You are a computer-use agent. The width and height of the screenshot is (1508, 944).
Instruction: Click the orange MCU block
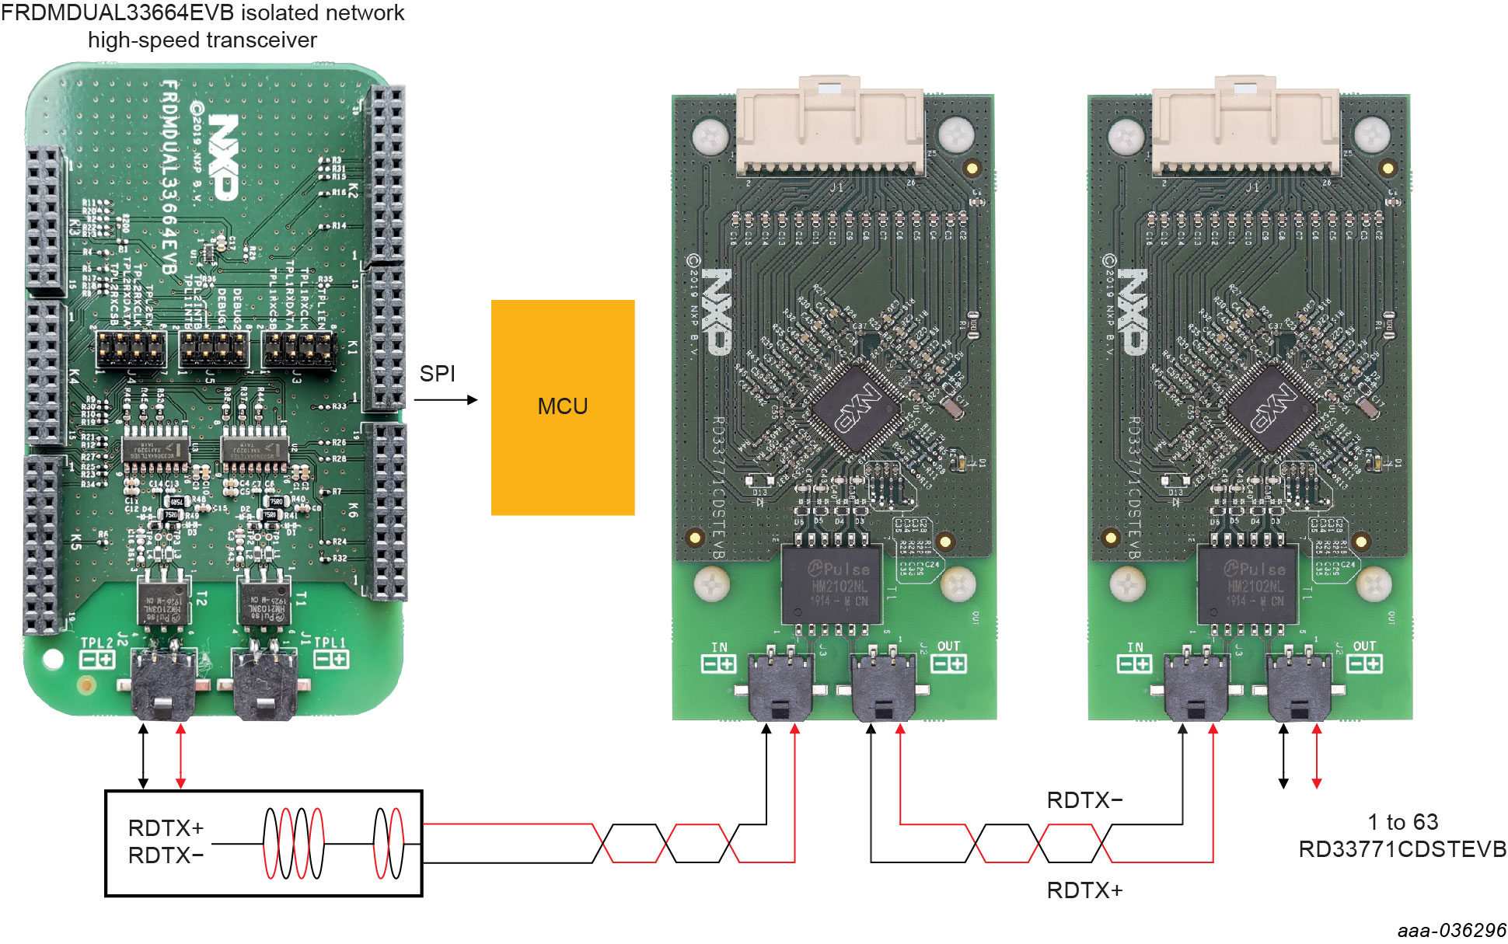tap(563, 407)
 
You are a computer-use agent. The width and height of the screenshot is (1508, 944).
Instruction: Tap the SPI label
tap(437, 374)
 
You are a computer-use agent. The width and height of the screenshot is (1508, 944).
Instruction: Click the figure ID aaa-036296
tap(1451, 930)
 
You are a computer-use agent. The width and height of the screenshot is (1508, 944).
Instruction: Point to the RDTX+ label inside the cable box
tap(166, 828)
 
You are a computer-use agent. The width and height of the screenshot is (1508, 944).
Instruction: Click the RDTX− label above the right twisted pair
tap(1084, 800)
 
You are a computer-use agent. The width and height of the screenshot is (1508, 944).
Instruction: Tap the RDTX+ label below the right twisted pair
tap(1084, 890)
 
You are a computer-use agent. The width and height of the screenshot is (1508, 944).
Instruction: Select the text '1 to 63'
tap(1402, 822)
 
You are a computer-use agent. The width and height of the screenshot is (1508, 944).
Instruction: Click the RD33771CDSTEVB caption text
tap(1402, 849)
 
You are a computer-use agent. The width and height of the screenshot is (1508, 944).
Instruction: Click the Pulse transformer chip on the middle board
tap(832, 584)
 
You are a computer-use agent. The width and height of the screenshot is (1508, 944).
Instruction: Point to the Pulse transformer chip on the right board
tap(1247, 584)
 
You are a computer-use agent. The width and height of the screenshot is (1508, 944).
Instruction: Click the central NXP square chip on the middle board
tap(856, 407)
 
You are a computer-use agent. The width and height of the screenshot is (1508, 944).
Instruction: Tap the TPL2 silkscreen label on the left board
tap(98, 643)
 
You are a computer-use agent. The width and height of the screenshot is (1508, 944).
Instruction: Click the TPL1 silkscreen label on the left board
tap(329, 643)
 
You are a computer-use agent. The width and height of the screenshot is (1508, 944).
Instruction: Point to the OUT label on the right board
tap(1364, 646)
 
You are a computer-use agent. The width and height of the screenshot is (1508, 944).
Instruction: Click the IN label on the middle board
tap(720, 647)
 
